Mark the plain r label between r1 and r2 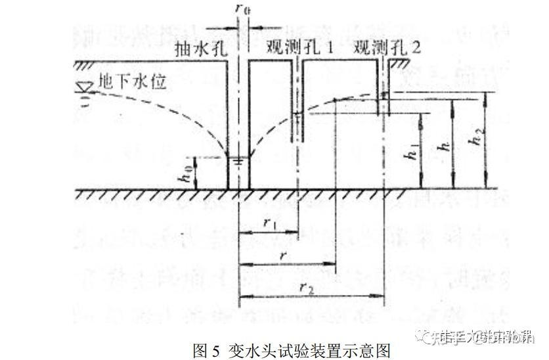click(x=284, y=255)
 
